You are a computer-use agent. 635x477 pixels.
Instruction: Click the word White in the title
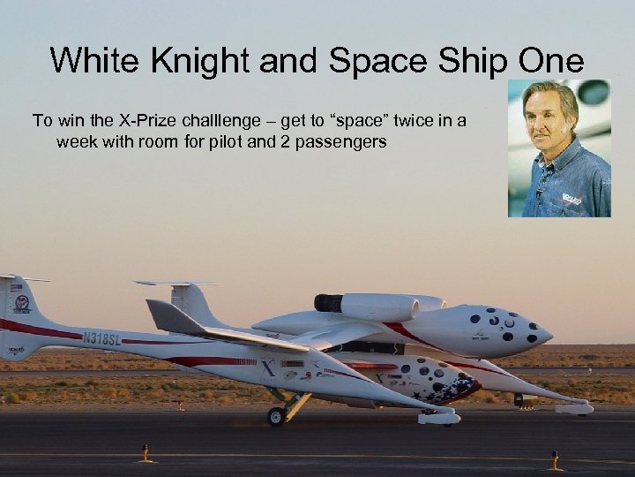pos(89,61)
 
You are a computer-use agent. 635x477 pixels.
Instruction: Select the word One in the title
pos(550,61)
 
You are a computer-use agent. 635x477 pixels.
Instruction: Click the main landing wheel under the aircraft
pos(277,416)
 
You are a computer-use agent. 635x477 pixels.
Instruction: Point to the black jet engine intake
pos(327,303)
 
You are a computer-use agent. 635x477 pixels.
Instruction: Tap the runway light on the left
pos(146,454)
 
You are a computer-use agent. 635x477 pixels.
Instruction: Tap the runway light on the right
pos(556,460)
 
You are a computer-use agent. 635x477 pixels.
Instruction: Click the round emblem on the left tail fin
pos(21,303)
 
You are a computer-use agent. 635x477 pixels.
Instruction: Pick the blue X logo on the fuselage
pos(268,370)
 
